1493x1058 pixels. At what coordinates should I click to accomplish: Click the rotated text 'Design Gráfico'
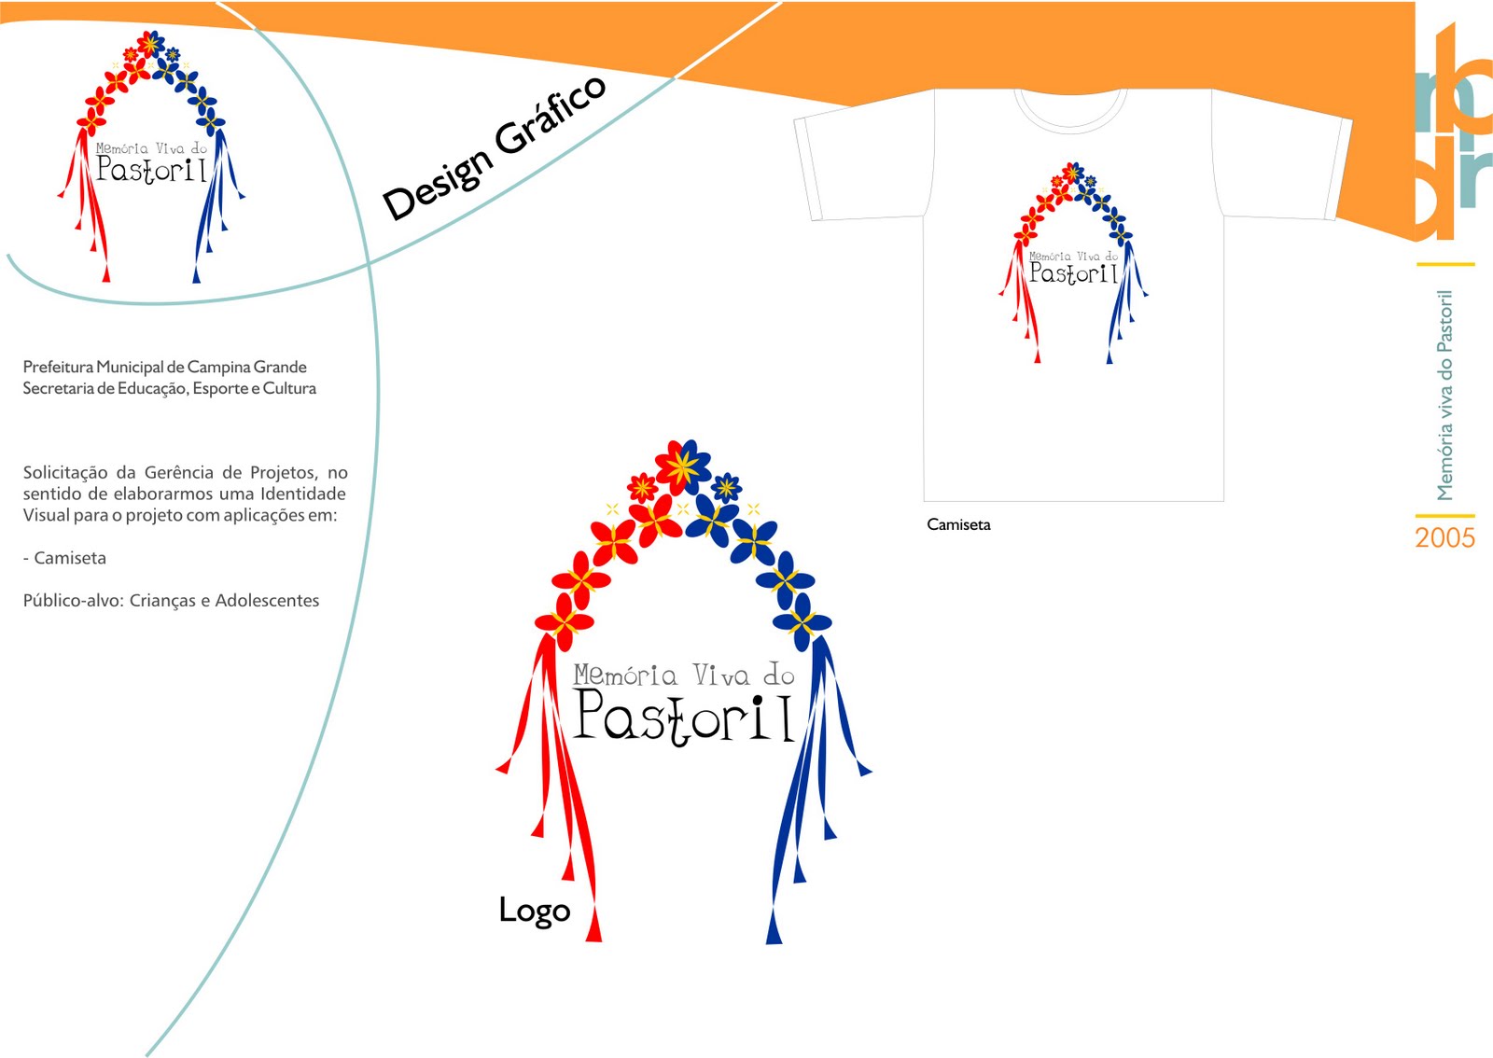click(495, 149)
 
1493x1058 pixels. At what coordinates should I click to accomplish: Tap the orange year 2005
click(1444, 538)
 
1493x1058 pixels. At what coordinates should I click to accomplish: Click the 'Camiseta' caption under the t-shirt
click(958, 524)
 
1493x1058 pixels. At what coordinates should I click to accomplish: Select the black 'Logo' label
click(534, 910)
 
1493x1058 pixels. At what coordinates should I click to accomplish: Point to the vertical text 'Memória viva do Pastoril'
click(1444, 395)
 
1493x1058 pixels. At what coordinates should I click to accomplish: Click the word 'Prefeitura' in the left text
click(58, 367)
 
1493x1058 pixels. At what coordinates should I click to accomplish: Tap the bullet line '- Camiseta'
click(64, 558)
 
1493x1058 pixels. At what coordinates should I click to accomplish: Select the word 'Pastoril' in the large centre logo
click(684, 718)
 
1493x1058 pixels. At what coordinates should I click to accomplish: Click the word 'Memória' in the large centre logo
click(625, 675)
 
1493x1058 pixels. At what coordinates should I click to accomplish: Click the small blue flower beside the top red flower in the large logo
click(726, 487)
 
